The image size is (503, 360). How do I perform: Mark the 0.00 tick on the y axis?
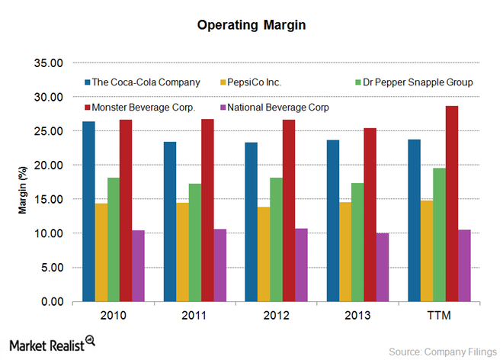(53, 301)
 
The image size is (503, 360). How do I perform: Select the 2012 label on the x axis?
(275, 316)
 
